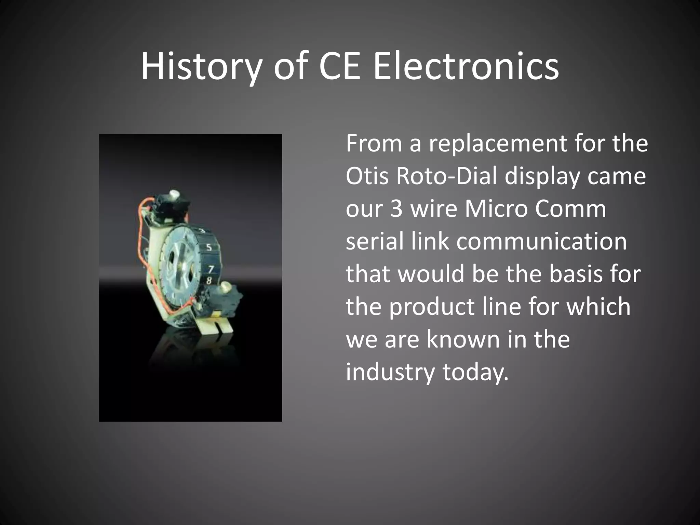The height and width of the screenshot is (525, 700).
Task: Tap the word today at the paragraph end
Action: point(475,372)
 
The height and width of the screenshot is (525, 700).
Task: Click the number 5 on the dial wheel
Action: point(209,247)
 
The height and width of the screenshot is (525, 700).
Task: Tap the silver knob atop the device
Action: point(175,193)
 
